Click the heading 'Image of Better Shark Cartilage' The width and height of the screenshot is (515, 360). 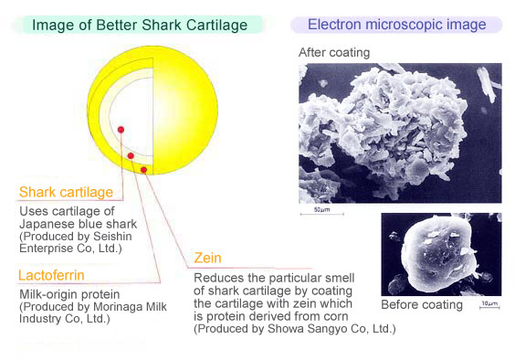140,25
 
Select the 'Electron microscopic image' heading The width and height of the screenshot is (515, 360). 396,25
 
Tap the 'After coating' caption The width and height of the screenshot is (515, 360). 334,52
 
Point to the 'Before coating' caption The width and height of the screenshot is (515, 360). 422,304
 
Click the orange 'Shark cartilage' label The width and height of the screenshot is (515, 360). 67,193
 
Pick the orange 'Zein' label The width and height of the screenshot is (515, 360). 209,259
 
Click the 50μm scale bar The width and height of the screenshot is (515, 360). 321,212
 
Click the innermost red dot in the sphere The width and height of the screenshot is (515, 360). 121,130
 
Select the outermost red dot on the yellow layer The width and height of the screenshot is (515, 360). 143,170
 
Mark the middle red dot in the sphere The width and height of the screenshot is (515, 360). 131,156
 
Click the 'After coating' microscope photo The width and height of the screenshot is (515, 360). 400,132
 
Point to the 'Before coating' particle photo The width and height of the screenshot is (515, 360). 441,254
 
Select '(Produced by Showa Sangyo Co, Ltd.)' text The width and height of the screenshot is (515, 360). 294,328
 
